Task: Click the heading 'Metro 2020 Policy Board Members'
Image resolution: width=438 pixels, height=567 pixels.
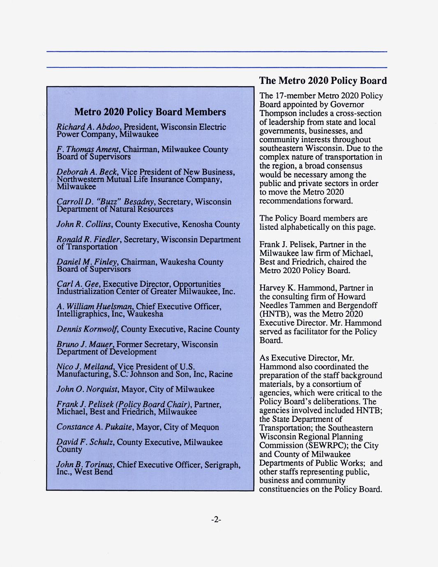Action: [x=150, y=112]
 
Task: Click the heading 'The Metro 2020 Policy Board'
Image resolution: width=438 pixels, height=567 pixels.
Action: [x=323, y=81]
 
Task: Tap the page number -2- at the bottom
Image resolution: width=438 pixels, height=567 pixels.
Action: [x=216, y=520]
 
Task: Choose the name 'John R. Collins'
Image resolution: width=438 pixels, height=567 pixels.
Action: [x=84, y=224]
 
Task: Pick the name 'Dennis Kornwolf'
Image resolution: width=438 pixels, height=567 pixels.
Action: [x=87, y=329]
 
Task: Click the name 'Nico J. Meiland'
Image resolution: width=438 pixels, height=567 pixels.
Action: [x=85, y=366]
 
